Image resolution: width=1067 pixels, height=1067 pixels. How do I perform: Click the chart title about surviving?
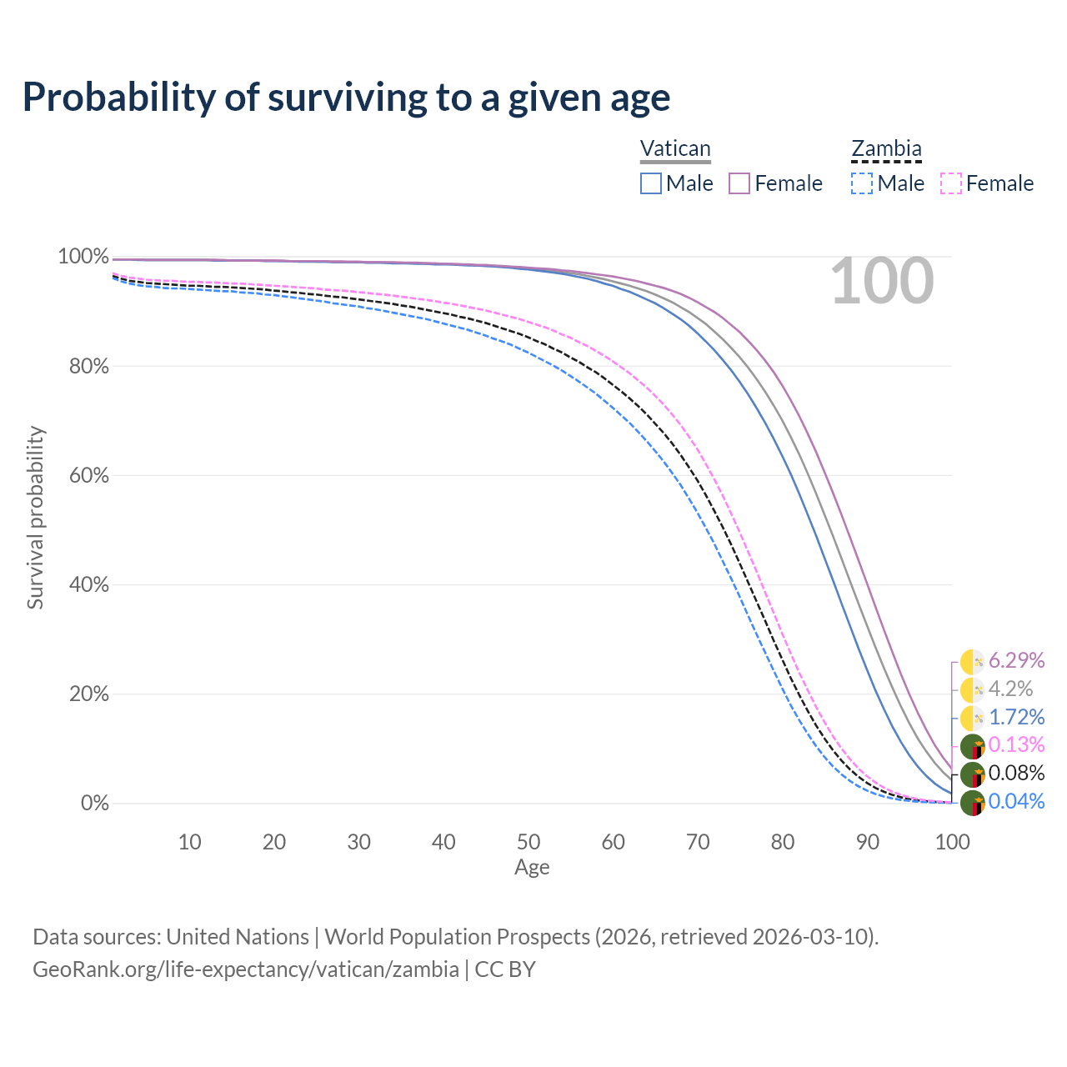point(346,98)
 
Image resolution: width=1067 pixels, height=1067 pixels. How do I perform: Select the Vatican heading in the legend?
point(675,149)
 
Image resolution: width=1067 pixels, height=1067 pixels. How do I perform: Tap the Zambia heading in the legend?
point(886,149)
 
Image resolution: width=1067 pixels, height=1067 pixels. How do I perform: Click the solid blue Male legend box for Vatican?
point(651,183)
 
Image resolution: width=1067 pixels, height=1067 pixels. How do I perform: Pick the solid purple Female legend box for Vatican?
point(740,183)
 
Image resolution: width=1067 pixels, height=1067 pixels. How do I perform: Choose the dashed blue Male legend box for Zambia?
point(862,183)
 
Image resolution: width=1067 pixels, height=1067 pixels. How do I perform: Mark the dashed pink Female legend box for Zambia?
point(951,183)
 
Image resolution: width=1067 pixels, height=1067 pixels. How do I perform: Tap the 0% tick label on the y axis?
point(95,804)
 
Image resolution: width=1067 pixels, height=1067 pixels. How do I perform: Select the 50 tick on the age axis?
point(528,842)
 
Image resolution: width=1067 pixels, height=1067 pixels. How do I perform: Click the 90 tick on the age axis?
point(868,842)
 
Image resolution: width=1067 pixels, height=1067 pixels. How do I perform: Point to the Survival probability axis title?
point(35,518)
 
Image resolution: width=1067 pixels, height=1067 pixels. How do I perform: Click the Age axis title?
point(532,868)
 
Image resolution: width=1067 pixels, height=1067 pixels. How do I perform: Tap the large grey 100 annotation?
point(882,282)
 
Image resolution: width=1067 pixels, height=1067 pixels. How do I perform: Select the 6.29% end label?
point(1016,661)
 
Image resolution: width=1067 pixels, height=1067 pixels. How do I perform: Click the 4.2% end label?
point(1010,689)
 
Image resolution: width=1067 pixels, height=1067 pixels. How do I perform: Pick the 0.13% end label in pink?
point(1016,744)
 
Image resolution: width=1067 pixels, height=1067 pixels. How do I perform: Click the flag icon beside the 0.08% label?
point(972,775)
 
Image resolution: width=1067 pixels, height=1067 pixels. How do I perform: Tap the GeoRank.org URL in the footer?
point(246,969)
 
